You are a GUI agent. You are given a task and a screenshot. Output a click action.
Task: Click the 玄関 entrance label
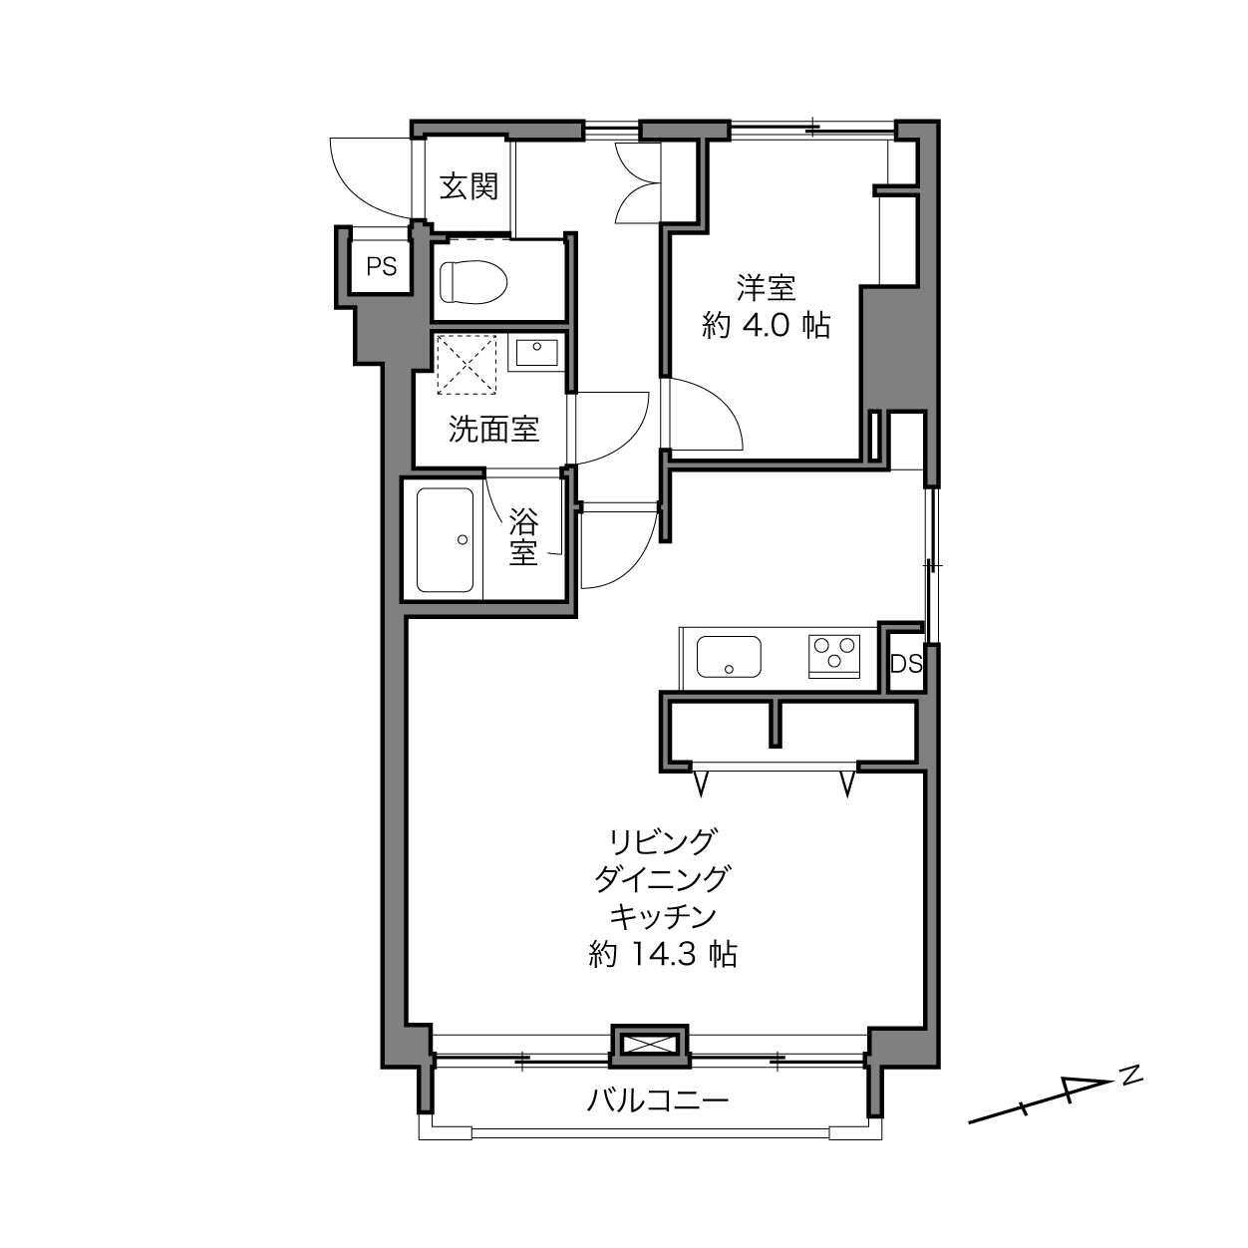[x=468, y=186]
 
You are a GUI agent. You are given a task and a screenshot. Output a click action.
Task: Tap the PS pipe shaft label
[x=381, y=266]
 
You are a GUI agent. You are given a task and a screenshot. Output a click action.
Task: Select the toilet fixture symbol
[x=472, y=282]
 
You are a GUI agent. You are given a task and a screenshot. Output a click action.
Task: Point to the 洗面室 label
[x=493, y=429]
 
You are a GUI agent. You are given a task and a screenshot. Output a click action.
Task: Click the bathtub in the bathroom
[x=445, y=539]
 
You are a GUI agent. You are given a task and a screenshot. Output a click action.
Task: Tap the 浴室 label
[x=522, y=537]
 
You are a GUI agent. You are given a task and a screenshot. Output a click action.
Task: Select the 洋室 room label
[x=766, y=287]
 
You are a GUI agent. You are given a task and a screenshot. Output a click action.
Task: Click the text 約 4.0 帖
[x=766, y=325]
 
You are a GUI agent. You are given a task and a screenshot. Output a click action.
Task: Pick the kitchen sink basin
[x=728, y=656]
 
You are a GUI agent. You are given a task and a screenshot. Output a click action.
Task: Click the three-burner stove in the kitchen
[x=834, y=656]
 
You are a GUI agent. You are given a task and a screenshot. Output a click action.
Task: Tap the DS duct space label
[x=906, y=664]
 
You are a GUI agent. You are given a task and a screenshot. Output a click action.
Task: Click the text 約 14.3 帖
[x=663, y=954]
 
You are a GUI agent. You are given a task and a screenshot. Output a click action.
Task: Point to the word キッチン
[x=663, y=916]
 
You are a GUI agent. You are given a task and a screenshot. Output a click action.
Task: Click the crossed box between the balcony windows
[x=650, y=1045]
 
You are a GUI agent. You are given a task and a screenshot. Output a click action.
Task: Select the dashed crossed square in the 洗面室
[x=467, y=364]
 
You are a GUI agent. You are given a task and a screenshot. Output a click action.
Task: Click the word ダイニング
[x=663, y=879]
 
